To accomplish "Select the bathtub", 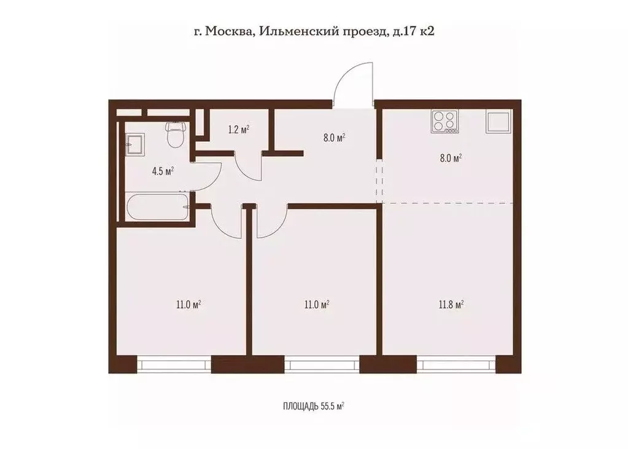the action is (157, 207).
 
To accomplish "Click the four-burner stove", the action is (445, 122).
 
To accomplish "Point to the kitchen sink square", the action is (498, 122).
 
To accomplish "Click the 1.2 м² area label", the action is (239, 129).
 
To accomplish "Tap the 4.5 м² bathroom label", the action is (163, 171).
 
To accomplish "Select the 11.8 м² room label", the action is (451, 304).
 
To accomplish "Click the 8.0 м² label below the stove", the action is (451, 158).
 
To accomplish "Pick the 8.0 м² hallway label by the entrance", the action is (335, 138).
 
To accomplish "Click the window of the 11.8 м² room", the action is (456, 364).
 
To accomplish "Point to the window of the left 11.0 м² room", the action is (174, 364).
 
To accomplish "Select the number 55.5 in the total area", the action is (327, 407).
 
